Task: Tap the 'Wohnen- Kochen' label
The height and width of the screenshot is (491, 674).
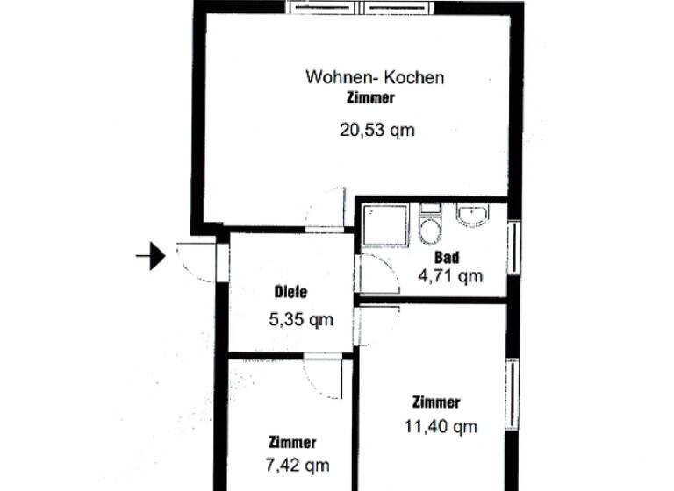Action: coord(375,77)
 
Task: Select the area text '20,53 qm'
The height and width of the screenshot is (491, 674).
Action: coord(376,131)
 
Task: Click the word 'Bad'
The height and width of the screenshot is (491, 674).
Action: coord(447,258)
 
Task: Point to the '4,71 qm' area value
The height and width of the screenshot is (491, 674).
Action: coord(451,278)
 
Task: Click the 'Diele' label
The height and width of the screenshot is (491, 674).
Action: coord(290,294)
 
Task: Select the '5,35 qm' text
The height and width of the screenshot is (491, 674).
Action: coord(301,319)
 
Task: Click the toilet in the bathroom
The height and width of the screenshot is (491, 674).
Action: coord(430,226)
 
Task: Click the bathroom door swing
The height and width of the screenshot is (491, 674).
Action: coord(377,274)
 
